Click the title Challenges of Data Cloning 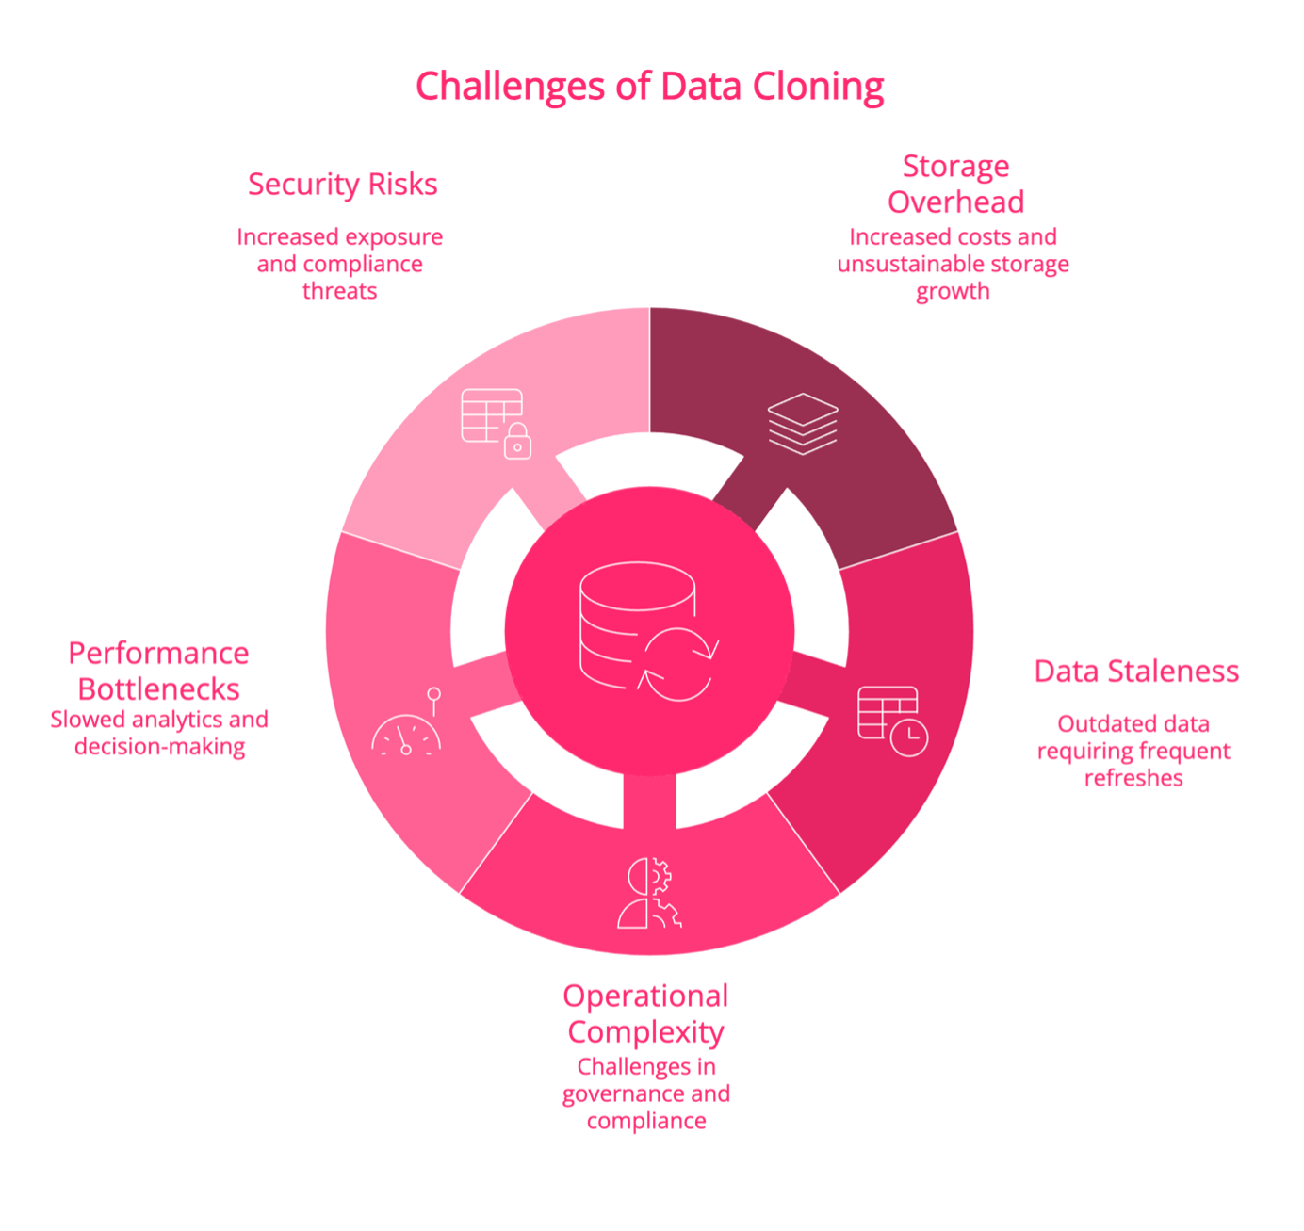tap(649, 87)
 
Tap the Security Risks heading tap(342, 185)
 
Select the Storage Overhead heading tap(955, 184)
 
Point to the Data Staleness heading tap(1136, 671)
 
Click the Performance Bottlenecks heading tap(159, 671)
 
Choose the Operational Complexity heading tap(645, 1014)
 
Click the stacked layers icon tap(803, 424)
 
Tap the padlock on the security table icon tap(517, 442)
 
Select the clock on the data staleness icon tap(908, 738)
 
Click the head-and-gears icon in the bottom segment tap(649, 893)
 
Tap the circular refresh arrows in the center tap(677, 664)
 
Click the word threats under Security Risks tap(339, 291)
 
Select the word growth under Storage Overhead tap(953, 291)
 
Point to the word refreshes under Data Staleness tap(1133, 778)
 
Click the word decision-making tap(159, 747)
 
